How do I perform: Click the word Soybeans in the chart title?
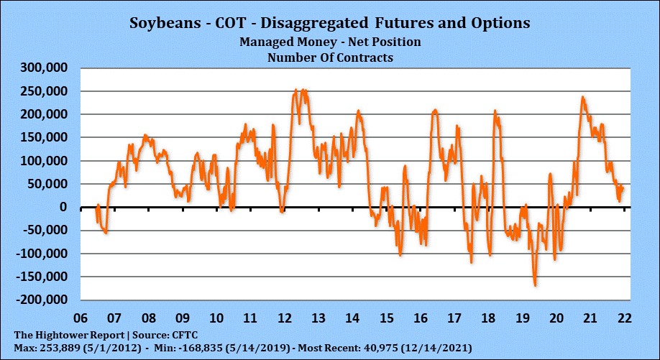point(164,23)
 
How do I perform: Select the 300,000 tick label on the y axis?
point(42,68)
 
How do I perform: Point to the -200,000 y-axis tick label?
point(40,300)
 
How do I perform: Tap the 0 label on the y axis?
point(63,208)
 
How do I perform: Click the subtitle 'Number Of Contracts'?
point(330,57)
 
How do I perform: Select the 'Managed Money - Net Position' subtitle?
point(330,42)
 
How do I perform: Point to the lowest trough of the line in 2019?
point(535,285)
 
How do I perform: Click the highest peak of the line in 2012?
point(297,91)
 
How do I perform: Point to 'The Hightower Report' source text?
point(60,335)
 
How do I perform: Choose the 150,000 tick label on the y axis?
point(42,138)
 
